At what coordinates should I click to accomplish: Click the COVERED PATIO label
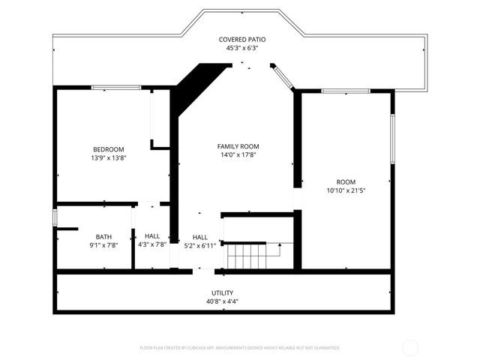click(x=241, y=39)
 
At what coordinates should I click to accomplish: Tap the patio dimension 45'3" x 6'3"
click(x=241, y=48)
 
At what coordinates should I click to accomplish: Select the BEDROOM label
click(x=109, y=149)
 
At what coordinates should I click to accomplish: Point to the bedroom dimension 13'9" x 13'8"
click(x=109, y=158)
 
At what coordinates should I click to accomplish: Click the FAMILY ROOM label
click(x=238, y=146)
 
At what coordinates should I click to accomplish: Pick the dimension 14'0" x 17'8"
click(x=238, y=155)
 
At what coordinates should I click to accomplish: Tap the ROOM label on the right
click(x=346, y=182)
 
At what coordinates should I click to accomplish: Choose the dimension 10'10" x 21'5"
click(x=346, y=191)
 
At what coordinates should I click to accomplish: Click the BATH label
click(x=103, y=237)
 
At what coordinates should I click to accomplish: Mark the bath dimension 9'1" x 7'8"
click(x=103, y=245)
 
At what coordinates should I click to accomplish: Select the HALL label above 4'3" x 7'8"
click(x=152, y=236)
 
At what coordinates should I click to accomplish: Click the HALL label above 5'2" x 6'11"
click(x=200, y=237)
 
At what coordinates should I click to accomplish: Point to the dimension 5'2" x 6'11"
click(x=200, y=245)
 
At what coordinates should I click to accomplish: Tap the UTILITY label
click(x=223, y=292)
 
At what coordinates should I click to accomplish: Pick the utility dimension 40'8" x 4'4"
click(x=223, y=301)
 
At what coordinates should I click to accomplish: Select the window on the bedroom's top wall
click(x=116, y=88)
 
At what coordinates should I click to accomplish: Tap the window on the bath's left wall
click(x=55, y=217)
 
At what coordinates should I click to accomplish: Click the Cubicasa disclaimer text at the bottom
click(x=240, y=348)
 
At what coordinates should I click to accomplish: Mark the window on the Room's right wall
click(x=392, y=139)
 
